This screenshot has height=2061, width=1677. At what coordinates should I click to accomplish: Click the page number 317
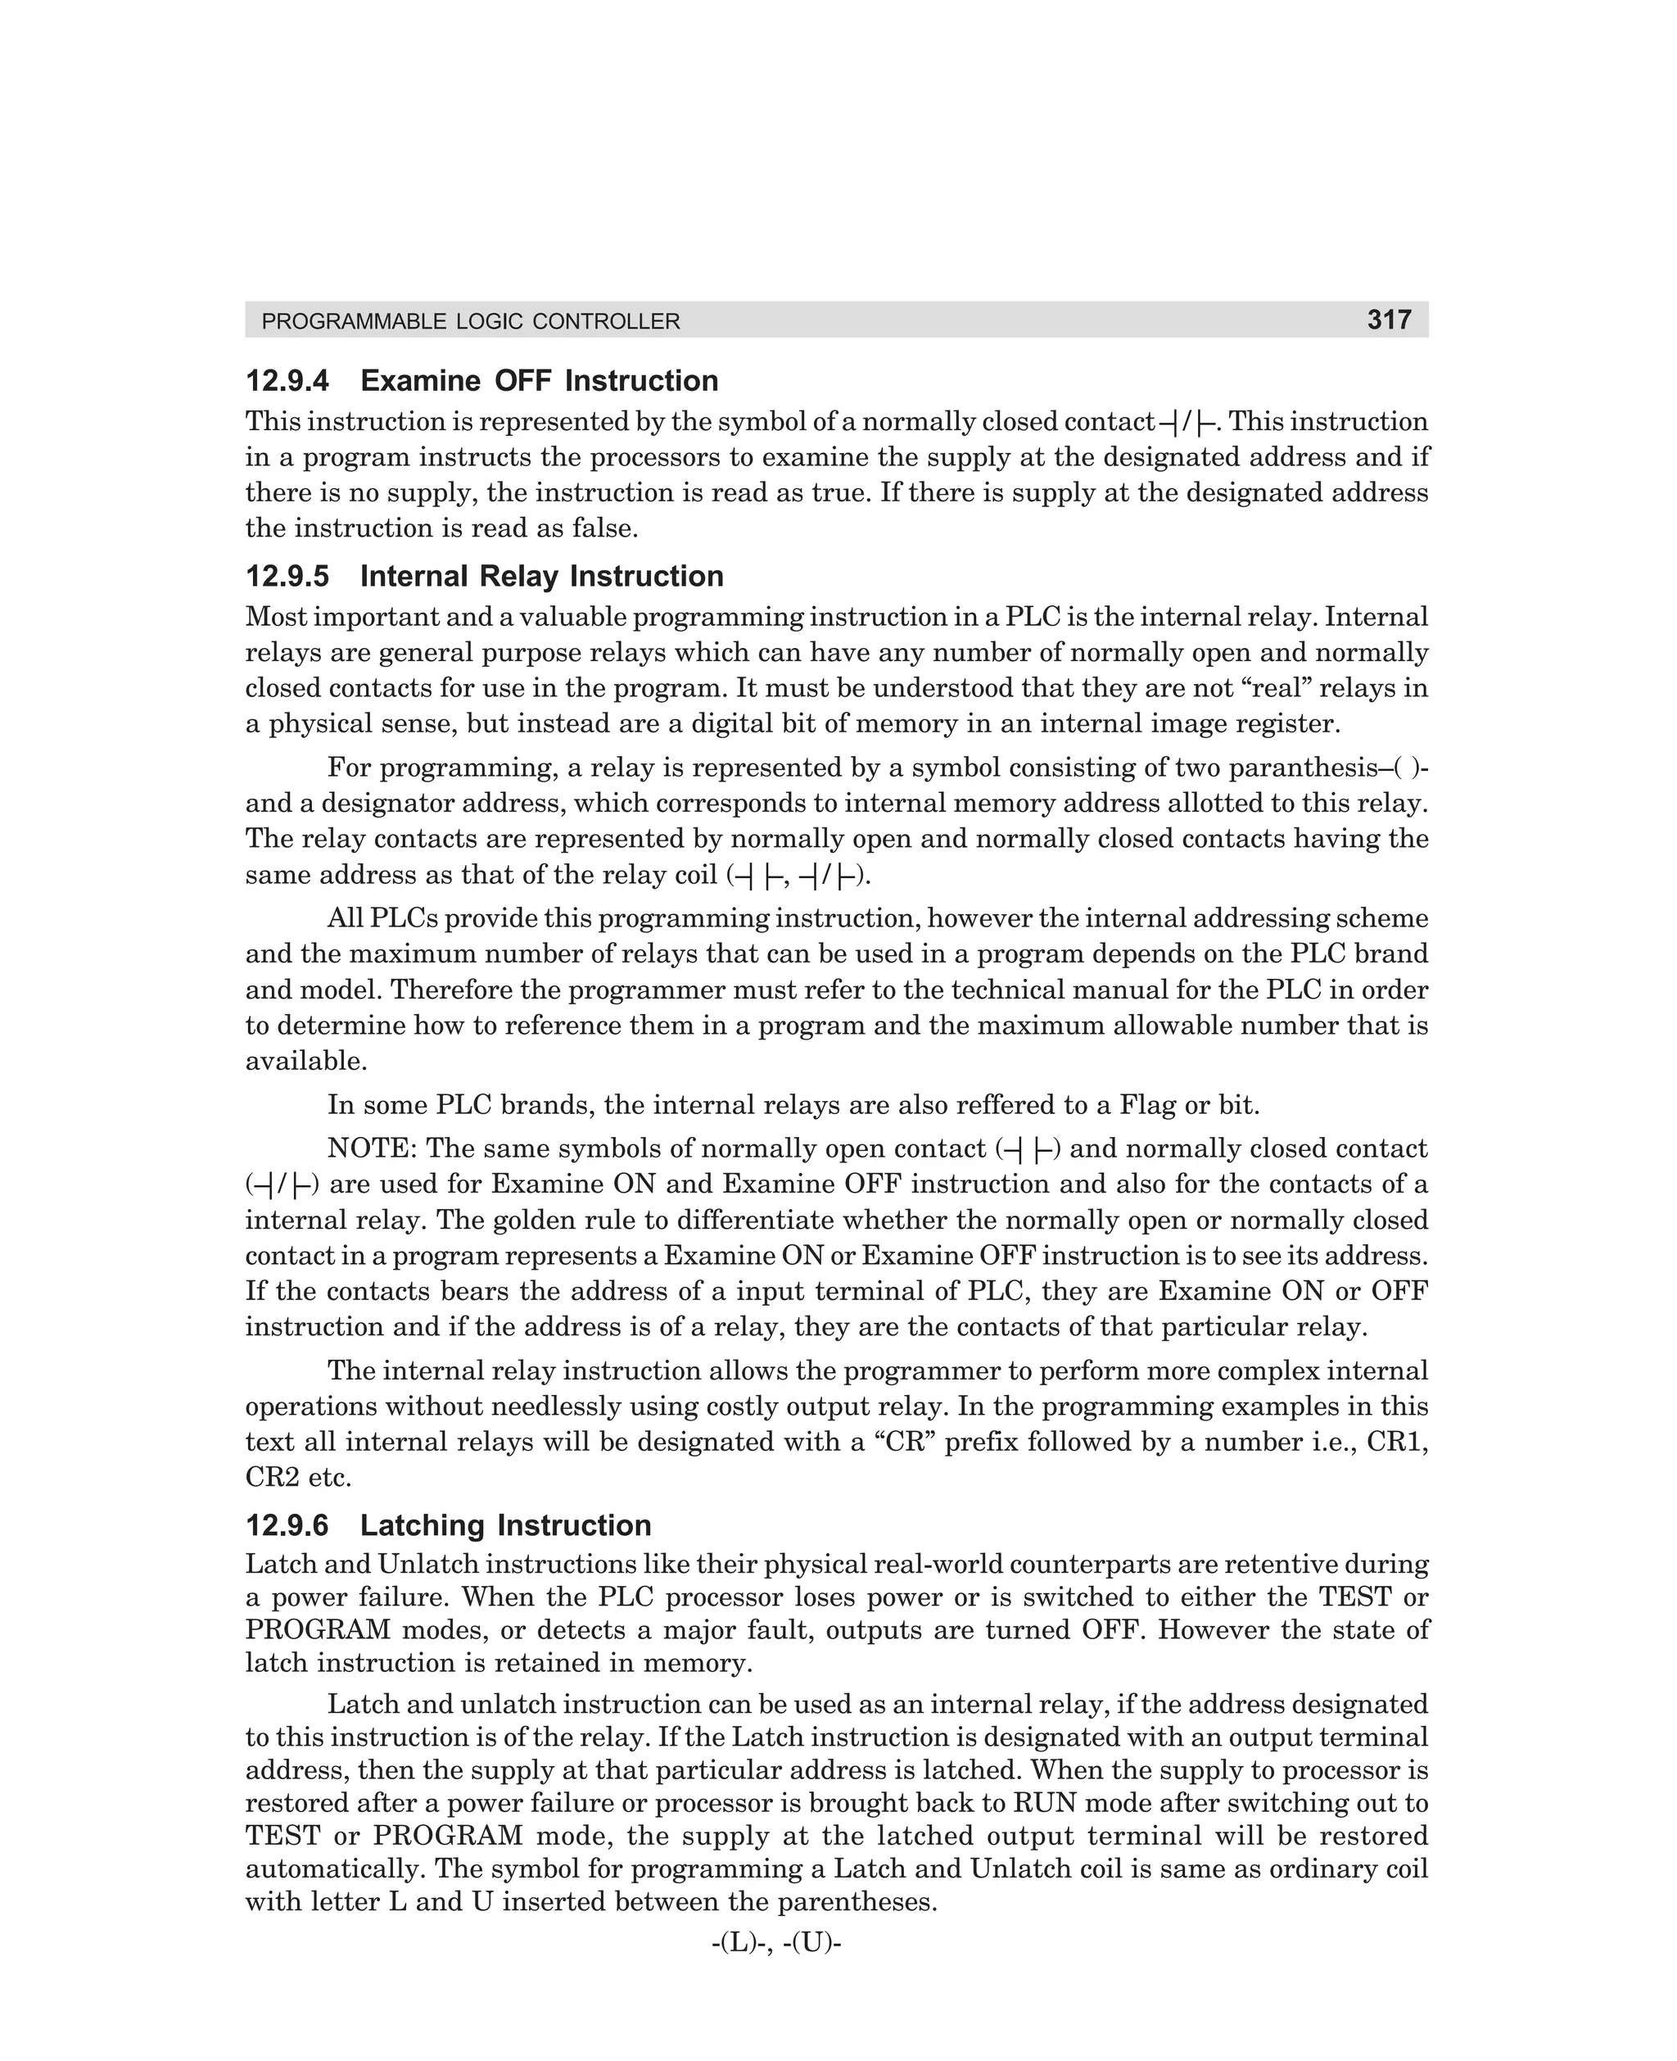pos(1388,319)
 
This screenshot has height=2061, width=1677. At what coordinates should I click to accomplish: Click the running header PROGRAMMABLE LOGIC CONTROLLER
pos(471,322)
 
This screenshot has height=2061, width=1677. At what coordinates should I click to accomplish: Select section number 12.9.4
pos(287,381)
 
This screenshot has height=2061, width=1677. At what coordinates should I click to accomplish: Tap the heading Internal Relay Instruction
pos(541,576)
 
